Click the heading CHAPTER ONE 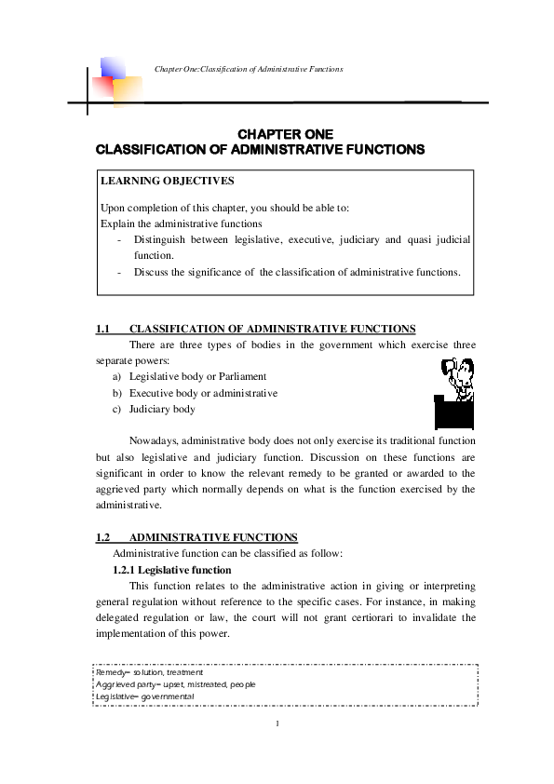tap(286, 134)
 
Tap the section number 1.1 tap(103, 329)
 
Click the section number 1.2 tap(103, 537)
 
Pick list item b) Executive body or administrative tap(195, 393)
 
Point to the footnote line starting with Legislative tap(143, 696)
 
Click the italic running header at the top tap(250, 69)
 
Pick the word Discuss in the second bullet tap(150, 272)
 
